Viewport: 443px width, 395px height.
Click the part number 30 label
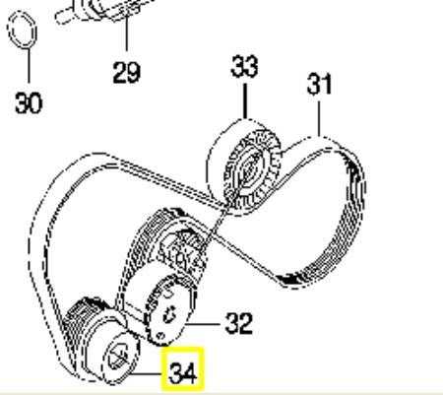pyautogui.click(x=29, y=103)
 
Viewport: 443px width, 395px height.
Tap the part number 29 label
pyautogui.click(x=127, y=73)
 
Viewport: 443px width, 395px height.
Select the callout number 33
pyautogui.click(x=244, y=67)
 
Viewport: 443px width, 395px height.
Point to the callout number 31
pyautogui.click(x=319, y=85)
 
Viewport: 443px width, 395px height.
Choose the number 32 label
pyautogui.click(x=239, y=324)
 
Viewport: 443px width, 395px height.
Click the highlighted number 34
pyautogui.click(x=183, y=373)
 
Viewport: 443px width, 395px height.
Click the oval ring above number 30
pyautogui.click(x=22, y=30)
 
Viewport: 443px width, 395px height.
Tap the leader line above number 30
pyautogui.click(x=30, y=66)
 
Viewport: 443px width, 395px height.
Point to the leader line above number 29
pyautogui.click(x=127, y=33)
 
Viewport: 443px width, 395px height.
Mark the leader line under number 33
pyautogui.click(x=245, y=101)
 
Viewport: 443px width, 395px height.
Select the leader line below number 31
pyautogui.click(x=319, y=118)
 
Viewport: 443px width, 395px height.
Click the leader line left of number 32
pyautogui.click(x=203, y=324)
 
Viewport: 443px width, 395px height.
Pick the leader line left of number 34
pyautogui.click(x=146, y=373)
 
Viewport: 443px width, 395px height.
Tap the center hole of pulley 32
pyautogui.click(x=170, y=314)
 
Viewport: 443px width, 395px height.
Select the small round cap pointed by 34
pyautogui.click(x=121, y=359)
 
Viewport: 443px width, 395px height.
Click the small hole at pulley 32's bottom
pyautogui.click(x=160, y=336)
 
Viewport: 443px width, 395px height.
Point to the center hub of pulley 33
pyautogui.click(x=248, y=170)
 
